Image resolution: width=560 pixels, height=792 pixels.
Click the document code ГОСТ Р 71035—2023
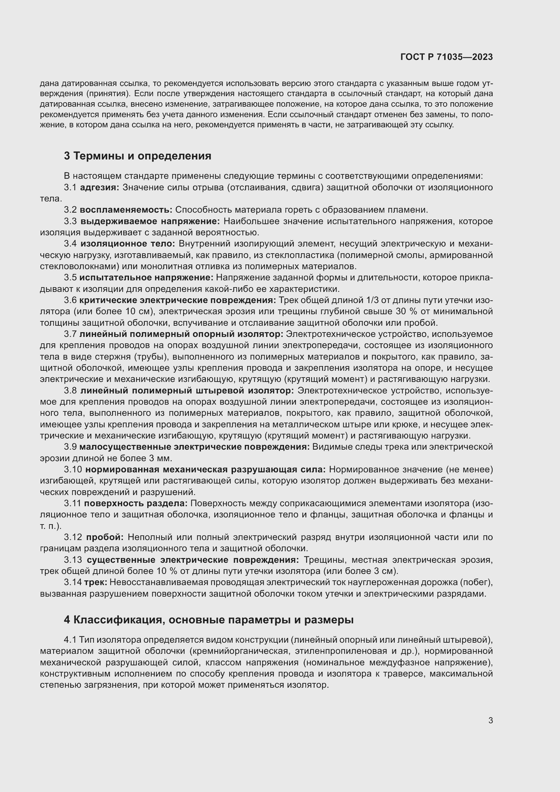[x=447, y=57]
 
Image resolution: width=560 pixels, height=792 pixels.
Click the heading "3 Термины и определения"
[x=137, y=156]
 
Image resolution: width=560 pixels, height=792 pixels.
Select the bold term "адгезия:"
[x=100, y=187]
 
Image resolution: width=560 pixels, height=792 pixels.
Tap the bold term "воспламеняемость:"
[x=126, y=210]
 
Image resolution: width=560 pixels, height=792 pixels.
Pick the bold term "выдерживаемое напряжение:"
[x=150, y=221]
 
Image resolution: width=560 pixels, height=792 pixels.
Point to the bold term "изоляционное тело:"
[x=128, y=243]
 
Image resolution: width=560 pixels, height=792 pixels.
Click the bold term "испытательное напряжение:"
[x=147, y=278]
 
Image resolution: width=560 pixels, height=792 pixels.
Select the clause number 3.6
[x=70, y=300]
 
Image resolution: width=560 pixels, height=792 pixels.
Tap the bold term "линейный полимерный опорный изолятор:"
[x=181, y=334]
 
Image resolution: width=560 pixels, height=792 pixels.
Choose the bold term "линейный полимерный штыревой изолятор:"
[x=187, y=390]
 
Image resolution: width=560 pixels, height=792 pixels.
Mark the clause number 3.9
[x=70, y=447]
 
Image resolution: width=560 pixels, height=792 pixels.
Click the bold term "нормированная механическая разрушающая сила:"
[x=206, y=469]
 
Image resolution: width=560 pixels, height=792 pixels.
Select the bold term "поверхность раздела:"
[x=136, y=503]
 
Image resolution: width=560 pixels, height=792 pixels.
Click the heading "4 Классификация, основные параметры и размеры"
[x=209, y=620]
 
